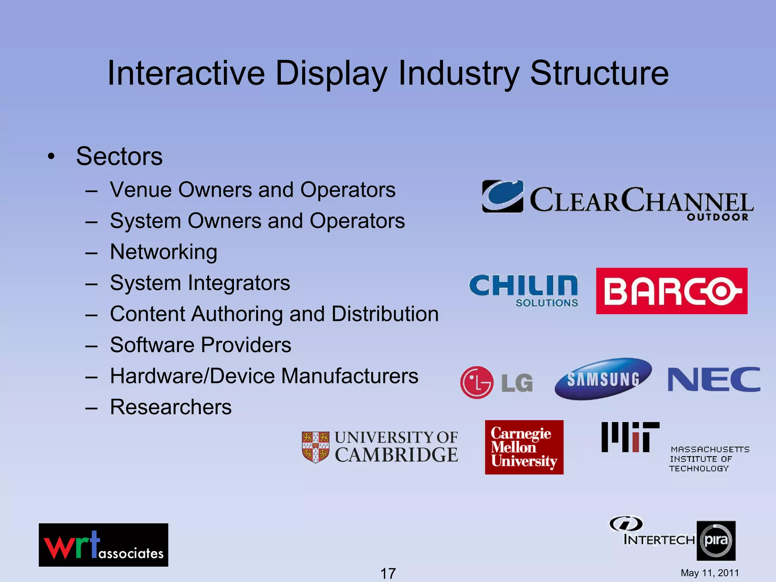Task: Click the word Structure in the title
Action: tap(599, 73)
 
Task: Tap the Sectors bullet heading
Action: tap(119, 156)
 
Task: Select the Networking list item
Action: tap(163, 252)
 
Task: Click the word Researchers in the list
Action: tap(171, 407)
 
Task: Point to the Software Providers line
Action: tap(200, 345)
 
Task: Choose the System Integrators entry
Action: tap(200, 283)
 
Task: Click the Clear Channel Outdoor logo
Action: tap(617, 200)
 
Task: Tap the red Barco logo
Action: tap(671, 291)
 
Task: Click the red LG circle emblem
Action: tap(477, 382)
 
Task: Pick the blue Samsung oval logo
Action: tap(603, 379)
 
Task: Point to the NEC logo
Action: tap(713, 379)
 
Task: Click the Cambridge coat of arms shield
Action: tap(315, 447)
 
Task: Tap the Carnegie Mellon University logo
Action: tap(524, 447)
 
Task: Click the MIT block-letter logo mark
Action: tap(630, 437)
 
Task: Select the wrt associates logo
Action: tap(103, 545)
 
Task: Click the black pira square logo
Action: tap(716, 541)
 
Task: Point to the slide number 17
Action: tap(388, 573)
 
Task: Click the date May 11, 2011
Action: tap(710, 573)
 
